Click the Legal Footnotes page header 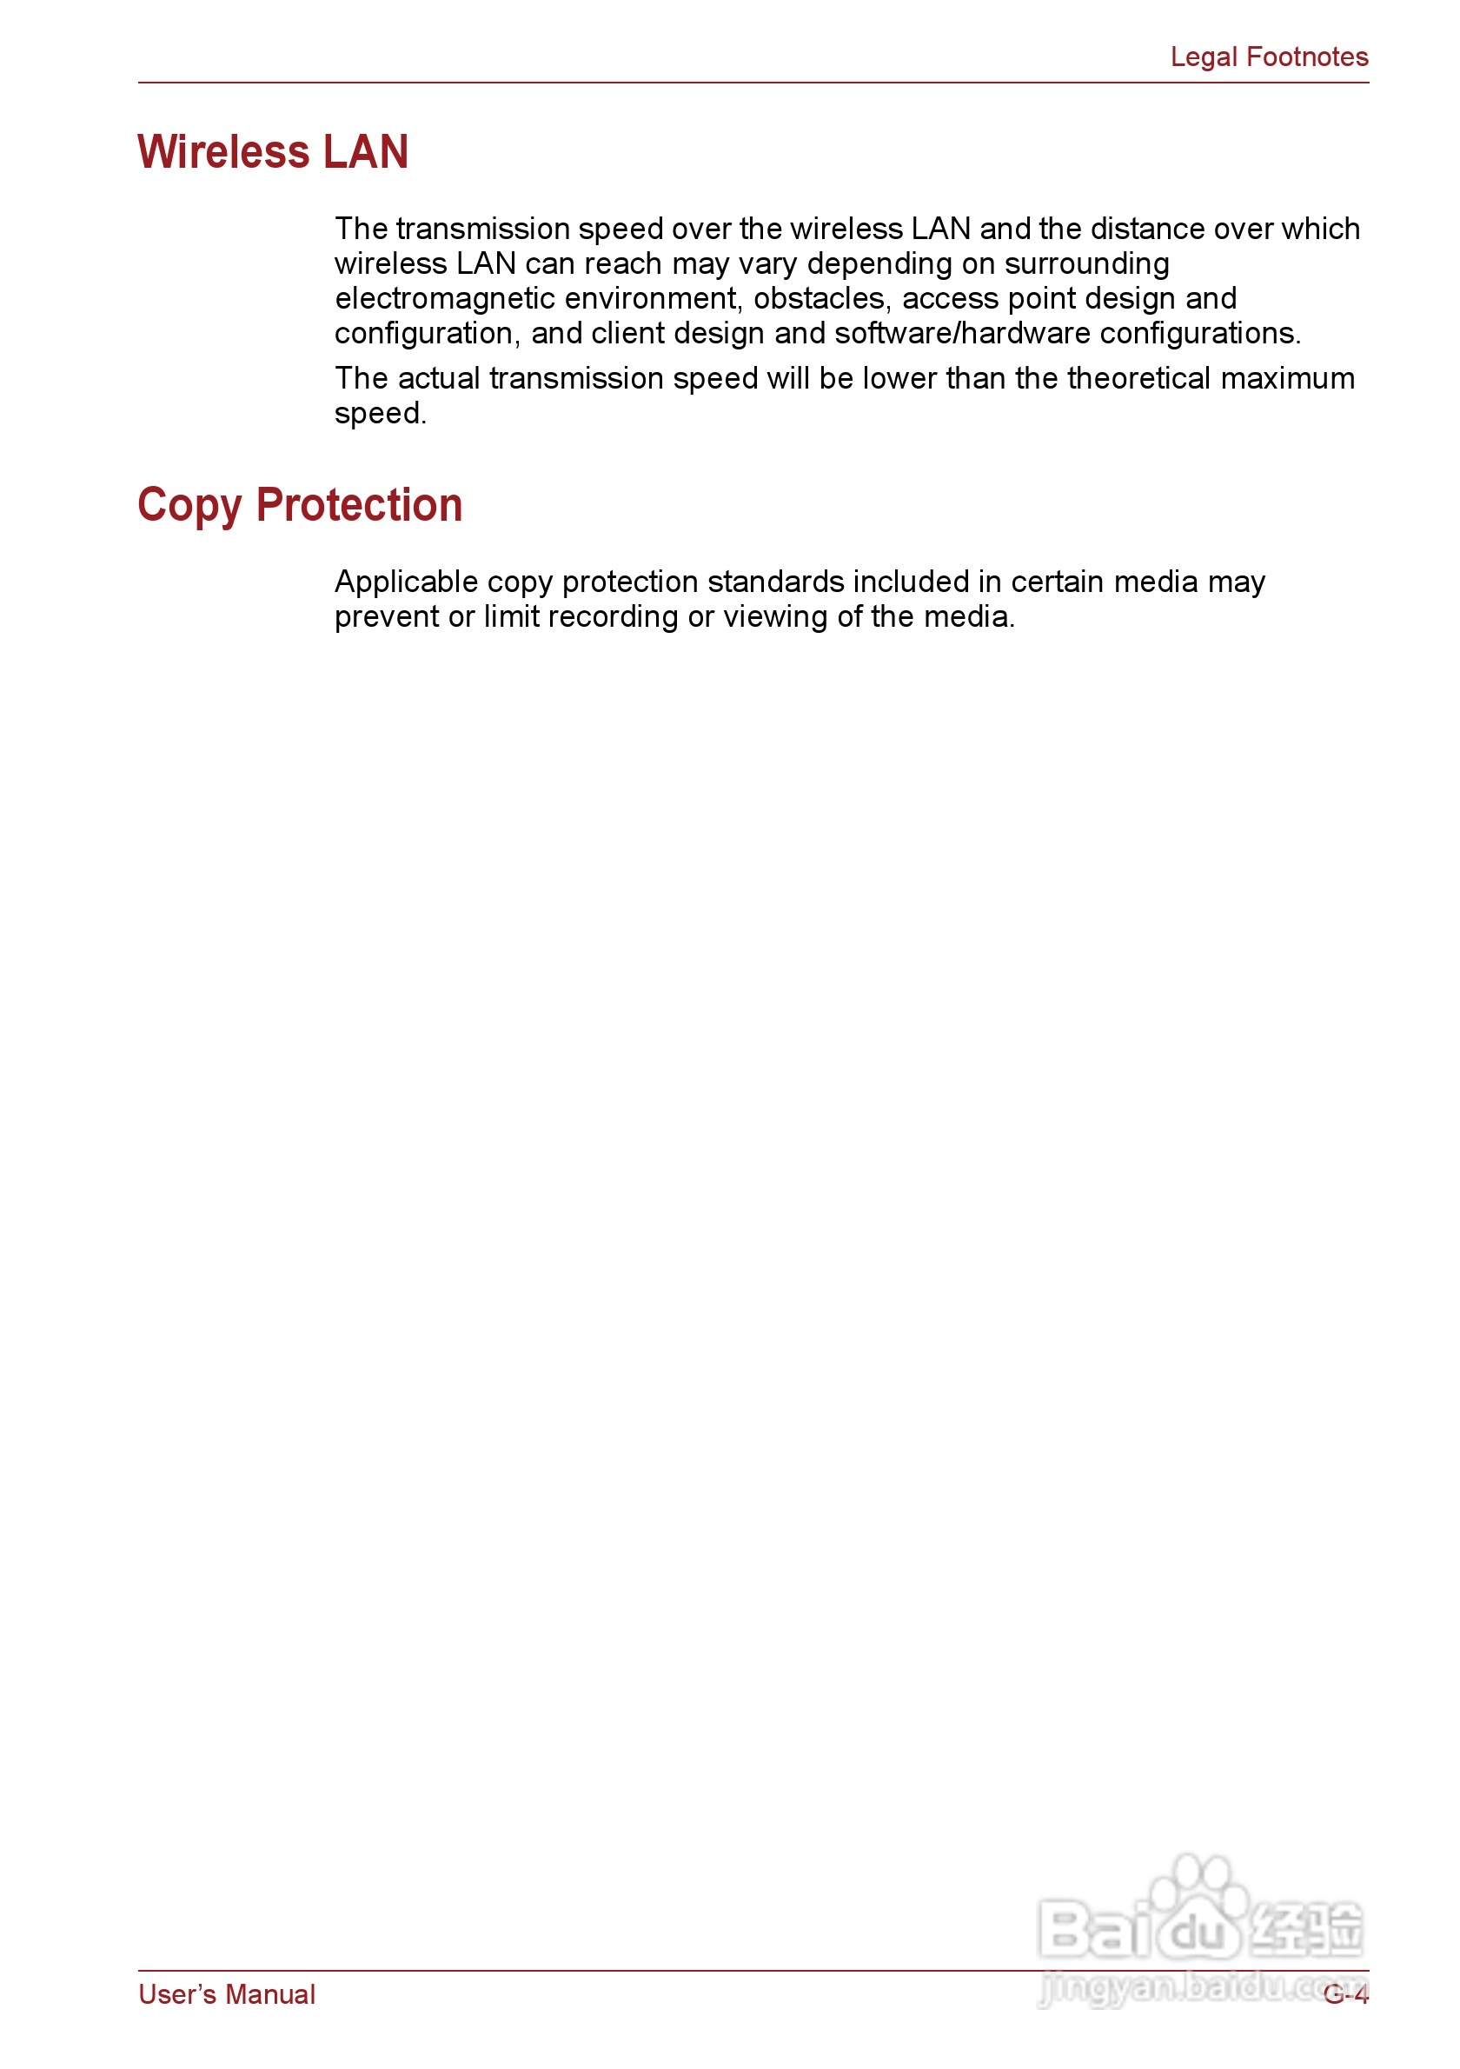click(x=1268, y=57)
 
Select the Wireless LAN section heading click(x=273, y=151)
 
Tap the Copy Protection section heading click(x=299, y=504)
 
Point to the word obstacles click(x=819, y=298)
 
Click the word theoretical click(x=1138, y=378)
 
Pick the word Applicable click(x=405, y=582)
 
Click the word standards click(x=775, y=582)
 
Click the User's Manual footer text click(x=226, y=1994)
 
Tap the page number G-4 click(x=1345, y=1994)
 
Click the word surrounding click(x=1086, y=264)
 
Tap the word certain click(x=1058, y=582)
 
